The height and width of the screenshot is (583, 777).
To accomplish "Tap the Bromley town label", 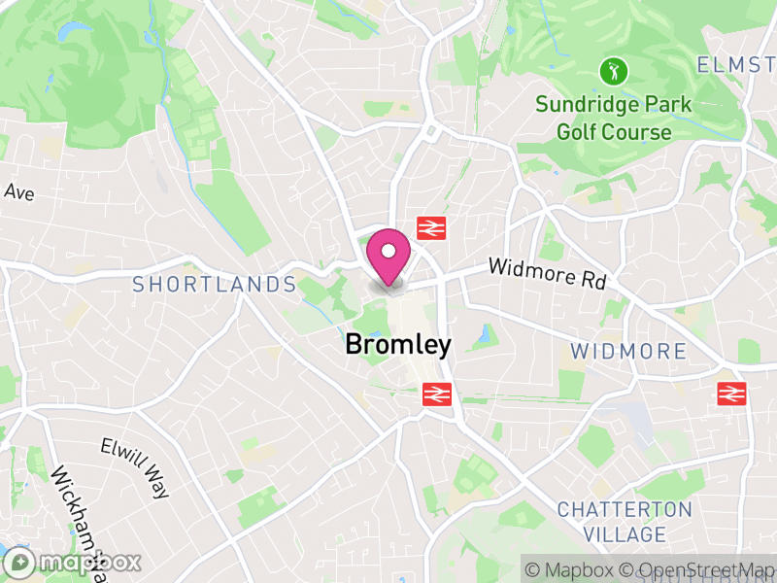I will (x=398, y=345).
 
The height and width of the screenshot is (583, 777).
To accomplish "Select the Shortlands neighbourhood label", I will (x=214, y=285).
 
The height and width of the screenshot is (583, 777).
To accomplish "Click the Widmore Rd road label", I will (x=546, y=273).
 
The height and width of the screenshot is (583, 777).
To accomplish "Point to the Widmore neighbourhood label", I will (x=628, y=351).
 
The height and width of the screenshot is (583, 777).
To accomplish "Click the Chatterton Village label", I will (x=625, y=522).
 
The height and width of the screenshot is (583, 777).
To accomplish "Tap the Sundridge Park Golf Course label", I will (x=613, y=118).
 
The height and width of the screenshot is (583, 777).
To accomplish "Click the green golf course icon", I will (x=613, y=71).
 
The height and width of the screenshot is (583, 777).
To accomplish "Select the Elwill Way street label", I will (x=134, y=467).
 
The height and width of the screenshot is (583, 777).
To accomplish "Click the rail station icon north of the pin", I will (x=430, y=228).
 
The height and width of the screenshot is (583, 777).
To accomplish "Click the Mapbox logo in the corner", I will (x=73, y=562).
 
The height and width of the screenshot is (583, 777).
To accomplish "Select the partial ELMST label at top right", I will (x=736, y=65).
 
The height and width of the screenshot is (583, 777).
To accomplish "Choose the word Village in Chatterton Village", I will (x=625, y=534).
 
